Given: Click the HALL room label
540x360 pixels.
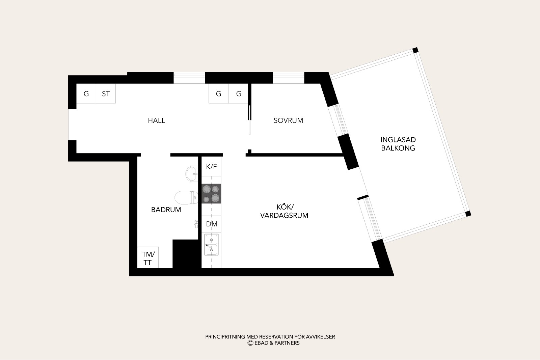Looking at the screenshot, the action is [x=157, y=120].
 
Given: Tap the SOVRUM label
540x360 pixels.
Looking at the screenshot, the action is [x=288, y=120].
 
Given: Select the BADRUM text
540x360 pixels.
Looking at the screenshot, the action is [x=166, y=210].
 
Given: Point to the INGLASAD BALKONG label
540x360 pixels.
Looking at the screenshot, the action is [x=398, y=144].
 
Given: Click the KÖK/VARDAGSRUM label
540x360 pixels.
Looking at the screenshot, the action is [x=284, y=211].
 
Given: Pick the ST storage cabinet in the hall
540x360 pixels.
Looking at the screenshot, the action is [x=106, y=93].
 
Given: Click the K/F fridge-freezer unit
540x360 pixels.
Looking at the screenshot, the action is [x=211, y=167].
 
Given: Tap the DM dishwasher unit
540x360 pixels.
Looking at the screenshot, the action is [x=211, y=224].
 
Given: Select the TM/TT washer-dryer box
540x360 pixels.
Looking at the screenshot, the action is [x=148, y=257].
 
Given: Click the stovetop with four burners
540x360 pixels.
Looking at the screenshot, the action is [x=211, y=194].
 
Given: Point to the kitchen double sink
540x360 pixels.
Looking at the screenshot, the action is [x=211, y=245].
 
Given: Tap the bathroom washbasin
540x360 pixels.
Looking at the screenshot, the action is [x=192, y=173].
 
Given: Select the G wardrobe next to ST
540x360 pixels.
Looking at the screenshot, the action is [x=86, y=93].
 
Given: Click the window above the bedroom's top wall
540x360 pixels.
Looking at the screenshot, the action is [x=289, y=78].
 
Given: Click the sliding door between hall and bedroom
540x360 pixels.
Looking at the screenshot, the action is [x=250, y=120].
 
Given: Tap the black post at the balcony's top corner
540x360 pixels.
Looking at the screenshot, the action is [x=415, y=50].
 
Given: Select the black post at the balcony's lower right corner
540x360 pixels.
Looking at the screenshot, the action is [x=468, y=214].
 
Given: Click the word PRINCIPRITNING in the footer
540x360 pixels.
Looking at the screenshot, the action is [x=225, y=337].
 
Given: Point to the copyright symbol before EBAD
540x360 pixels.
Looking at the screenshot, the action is [x=250, y=343].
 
